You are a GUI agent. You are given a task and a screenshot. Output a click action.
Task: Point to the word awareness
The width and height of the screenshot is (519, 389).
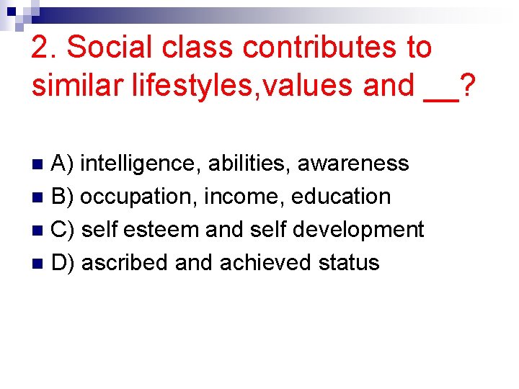[x=353, y=164]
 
